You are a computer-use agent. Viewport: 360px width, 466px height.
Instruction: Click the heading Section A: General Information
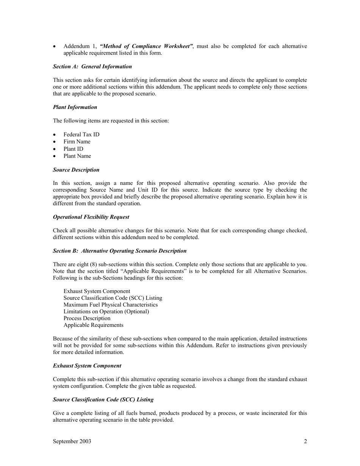pyautogui.click(x=92, y=67)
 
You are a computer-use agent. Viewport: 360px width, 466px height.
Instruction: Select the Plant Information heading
pyautogui.click(x=75, y=107)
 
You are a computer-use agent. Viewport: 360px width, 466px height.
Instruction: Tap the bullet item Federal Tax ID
pyautogui.click(x=81, y=134)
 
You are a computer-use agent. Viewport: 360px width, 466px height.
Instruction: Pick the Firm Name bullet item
pyautogui.click(x=77, y=142)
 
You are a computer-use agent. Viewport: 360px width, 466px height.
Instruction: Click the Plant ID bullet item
pyautogui.click(x=74, y=149)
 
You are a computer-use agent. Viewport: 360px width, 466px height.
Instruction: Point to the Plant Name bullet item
pyautogui.click(x=77, y=156)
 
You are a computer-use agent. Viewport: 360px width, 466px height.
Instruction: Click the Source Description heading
pyautogui.click(x=76, y=170)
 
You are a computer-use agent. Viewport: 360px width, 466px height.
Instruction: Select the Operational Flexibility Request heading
pyautogui.click(x=91, y=217)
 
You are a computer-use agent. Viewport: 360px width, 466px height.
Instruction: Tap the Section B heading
pyautogui.click(x=120, y=251)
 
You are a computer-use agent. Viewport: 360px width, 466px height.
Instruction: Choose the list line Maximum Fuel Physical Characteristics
pyautogui.click(x=111, y=305)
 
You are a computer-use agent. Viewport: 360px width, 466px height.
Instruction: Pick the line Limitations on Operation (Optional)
pyautogui.click(x=106, y=311)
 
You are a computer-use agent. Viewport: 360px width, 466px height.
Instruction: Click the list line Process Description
pyautogui.click(x=87, y=318)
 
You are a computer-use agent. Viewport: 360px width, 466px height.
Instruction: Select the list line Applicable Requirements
pyautogui.click(x=94, y=325)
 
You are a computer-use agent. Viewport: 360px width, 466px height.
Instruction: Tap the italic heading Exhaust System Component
pyautogui.click(x=87, y=366)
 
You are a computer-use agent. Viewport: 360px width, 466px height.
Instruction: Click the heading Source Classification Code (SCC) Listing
pyautogui.click(x=103, y=400)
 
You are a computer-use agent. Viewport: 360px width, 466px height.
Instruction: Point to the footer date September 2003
pyautogui.click(x=72, y=441)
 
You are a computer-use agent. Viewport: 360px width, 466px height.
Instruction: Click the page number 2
pyautogui.click(x=305, y=441)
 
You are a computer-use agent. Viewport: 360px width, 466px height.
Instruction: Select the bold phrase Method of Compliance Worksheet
pyautogui.click(x=146, y=46)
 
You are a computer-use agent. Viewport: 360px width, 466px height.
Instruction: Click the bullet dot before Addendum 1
pyautogui.click(x=55, y=47)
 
